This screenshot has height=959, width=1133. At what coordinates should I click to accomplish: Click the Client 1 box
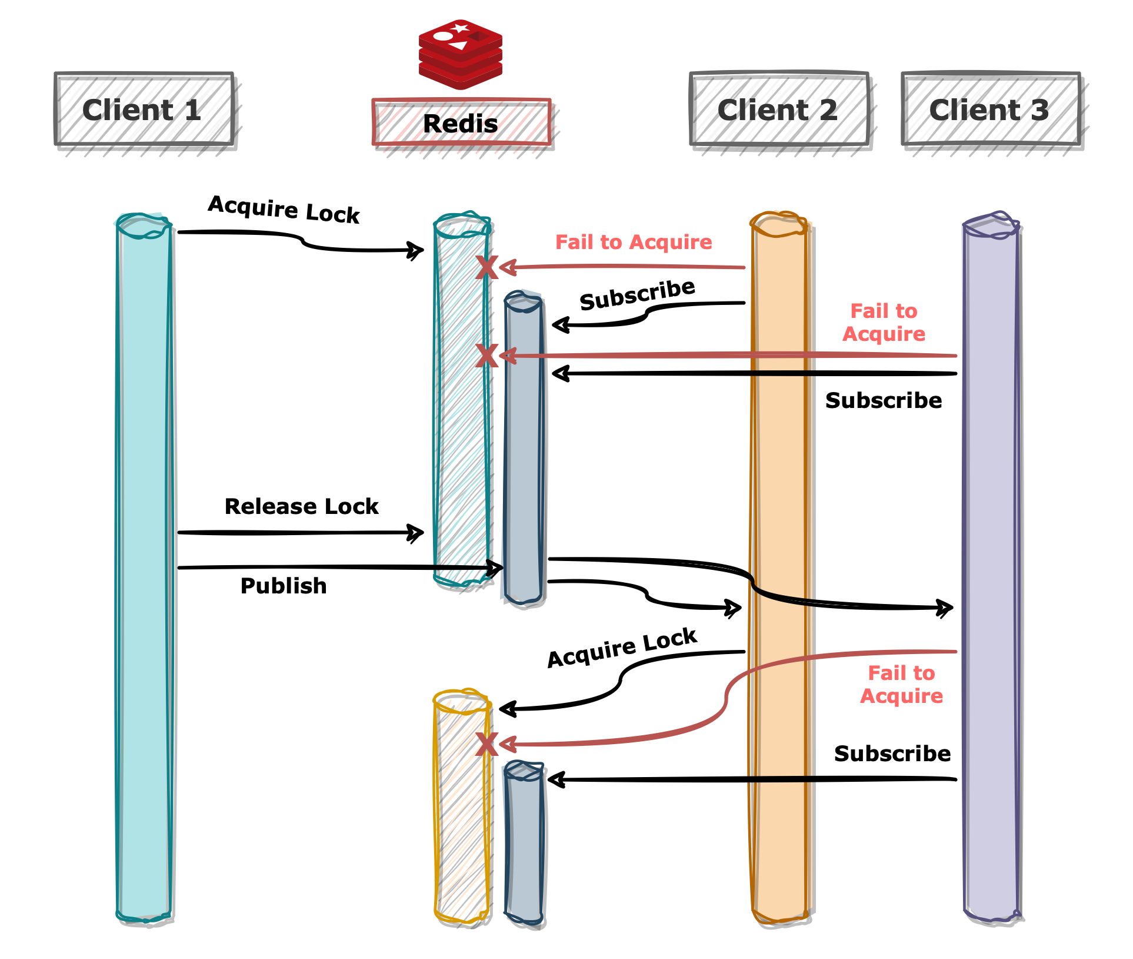pyautogui.click(x=144, y=109)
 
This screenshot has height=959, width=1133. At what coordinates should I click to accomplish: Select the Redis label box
pyautogui.click(x=462, y=122)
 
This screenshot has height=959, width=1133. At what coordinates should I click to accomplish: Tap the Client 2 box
pyautogui.click(x=779, y=109)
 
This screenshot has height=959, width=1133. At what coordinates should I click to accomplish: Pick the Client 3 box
pyautogui.click(x=991, y=109)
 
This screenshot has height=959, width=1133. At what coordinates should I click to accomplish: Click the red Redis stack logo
pyautogui.click(x=461, y=55)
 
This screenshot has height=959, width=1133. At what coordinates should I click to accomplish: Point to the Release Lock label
pyautogui.click(x=301, y=506)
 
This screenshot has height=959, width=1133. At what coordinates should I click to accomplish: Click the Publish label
pyautogui.click(x=284, y=586)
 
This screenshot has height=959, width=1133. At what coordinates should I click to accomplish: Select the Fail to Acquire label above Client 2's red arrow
pyautogui.click(x=634, y=242)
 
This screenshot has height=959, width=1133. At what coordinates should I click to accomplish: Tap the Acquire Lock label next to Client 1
pyautogui.click(x=284, y=210)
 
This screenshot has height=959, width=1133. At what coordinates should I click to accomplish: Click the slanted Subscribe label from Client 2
pyautogui.click(x=638, y=294)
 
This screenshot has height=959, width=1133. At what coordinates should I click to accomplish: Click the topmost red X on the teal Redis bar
pyautogui.click(x=486, y=267)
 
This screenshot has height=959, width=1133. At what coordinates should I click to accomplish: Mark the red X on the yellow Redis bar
pyautogui.click(x=486, y=744)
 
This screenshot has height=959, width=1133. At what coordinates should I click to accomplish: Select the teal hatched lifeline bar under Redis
pyautogui.click(x=462, y=399)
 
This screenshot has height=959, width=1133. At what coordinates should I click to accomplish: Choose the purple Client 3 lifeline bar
pyautogui.click(x=992, y=568)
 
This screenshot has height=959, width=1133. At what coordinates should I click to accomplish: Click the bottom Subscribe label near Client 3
pyautogui.click(x=892, y=754)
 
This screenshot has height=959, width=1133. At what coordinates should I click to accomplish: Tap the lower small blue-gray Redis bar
pyautogui.click(x=524, y=843)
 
